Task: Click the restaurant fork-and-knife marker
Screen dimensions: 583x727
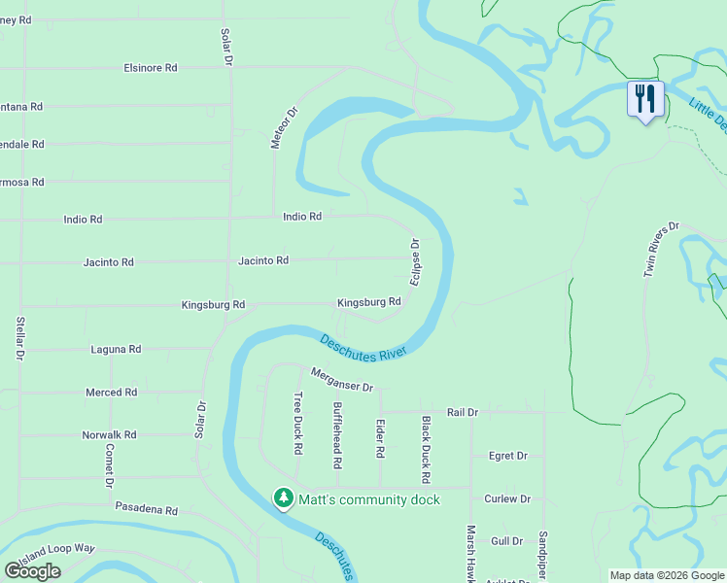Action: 644,99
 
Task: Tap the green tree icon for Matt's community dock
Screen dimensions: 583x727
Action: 283,498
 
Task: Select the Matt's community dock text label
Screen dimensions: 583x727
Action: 368,499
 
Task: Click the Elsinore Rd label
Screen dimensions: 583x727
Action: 151,68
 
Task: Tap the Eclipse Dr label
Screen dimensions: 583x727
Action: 415,261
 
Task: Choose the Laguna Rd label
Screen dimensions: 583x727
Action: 116,349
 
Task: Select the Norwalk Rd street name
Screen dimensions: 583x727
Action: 109,434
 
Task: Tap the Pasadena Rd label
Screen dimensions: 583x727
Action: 147,509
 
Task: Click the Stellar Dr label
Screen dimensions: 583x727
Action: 19,338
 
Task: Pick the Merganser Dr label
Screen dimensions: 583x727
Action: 342,380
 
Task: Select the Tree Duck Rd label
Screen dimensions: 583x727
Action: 297,423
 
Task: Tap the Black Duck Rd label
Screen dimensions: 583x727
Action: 425,450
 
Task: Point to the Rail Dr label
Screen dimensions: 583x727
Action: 463,412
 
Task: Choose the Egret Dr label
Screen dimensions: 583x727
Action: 507,455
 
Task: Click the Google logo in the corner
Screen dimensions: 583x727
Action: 32,571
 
